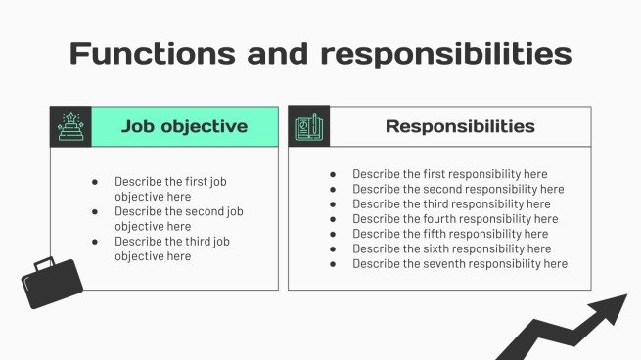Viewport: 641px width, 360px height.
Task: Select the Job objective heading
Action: click(184, 126)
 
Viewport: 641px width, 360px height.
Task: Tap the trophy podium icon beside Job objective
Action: click(70, 127)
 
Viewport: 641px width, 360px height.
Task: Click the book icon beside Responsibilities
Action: click(309, 127)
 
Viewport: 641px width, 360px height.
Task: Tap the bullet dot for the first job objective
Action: click(95, 181)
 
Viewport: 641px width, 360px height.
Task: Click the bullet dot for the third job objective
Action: click(95, 241)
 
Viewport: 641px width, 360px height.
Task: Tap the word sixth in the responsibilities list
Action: click(440, 248)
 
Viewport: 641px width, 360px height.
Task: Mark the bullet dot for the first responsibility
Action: click(334, 174)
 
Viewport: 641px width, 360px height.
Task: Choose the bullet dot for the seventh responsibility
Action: click(334, 264)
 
